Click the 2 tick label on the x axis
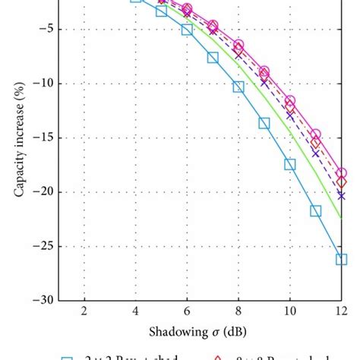(84, 311)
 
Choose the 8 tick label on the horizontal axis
(238, 311)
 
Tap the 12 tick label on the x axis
(341, 311)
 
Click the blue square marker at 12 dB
(341, 259)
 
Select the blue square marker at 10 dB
(290, 164)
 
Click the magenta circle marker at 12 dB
(341, 173)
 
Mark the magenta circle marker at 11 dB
(316, 134)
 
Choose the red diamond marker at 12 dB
(341, 182)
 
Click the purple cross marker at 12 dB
(341, 196)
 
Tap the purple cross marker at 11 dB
(316, 153)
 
